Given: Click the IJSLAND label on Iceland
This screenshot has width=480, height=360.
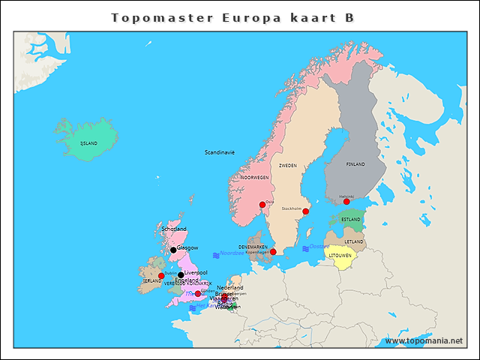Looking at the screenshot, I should tap(88, 142).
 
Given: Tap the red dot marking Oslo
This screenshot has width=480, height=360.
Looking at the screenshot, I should tap(262, 205).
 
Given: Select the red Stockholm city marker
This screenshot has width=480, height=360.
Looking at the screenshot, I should tap(305, 211).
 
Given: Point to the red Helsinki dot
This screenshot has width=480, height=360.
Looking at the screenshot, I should tap(346, 201).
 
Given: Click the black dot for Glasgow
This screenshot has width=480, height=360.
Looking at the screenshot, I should tap(173, 250).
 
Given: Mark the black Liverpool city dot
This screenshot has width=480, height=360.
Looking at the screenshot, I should tap(181, 274).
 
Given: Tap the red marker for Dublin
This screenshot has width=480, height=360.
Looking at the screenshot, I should tap(161, 276).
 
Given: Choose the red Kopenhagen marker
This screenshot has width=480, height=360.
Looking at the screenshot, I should tap(273, 252).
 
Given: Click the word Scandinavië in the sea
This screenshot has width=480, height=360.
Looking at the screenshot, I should tap(220, 152).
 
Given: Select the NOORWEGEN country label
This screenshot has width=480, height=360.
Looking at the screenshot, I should tap(255, 178).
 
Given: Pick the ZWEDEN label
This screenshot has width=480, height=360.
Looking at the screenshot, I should tap(288, 165).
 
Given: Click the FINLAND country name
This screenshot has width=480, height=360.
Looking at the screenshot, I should tap(355, 163).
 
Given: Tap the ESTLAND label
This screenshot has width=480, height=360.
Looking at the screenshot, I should tap(349, 220).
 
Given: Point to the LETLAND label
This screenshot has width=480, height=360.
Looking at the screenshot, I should tap(355, 241).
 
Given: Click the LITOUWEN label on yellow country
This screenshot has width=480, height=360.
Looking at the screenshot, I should tap(340, 256).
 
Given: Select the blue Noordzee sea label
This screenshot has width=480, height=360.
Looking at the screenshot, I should tap(232, 253).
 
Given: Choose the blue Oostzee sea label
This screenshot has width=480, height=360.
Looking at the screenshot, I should tap(319, 247).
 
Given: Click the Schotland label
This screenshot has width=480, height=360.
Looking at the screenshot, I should tap(174, 229).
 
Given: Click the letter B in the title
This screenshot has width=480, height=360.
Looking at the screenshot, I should tap(349, 17).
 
